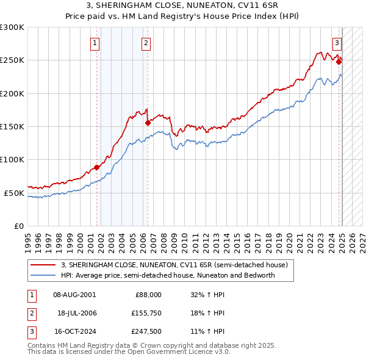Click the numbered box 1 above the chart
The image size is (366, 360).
tap(96, 43)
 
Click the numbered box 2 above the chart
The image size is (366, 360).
tap(146, 43)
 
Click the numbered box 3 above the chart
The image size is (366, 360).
tap(337, 43)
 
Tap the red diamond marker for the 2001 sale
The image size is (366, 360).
tap(96, 167)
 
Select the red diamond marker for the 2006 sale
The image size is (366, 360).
tap(147, 123)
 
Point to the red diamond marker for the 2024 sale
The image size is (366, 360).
tap(339, 62)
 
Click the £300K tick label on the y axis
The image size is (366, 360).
tap(12, 27)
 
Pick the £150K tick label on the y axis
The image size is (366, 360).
tap(12, 127)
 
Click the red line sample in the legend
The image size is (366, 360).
tap(44, 265)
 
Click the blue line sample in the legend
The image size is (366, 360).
tap(44, 275)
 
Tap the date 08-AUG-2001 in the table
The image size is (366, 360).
tap(74, 295)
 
